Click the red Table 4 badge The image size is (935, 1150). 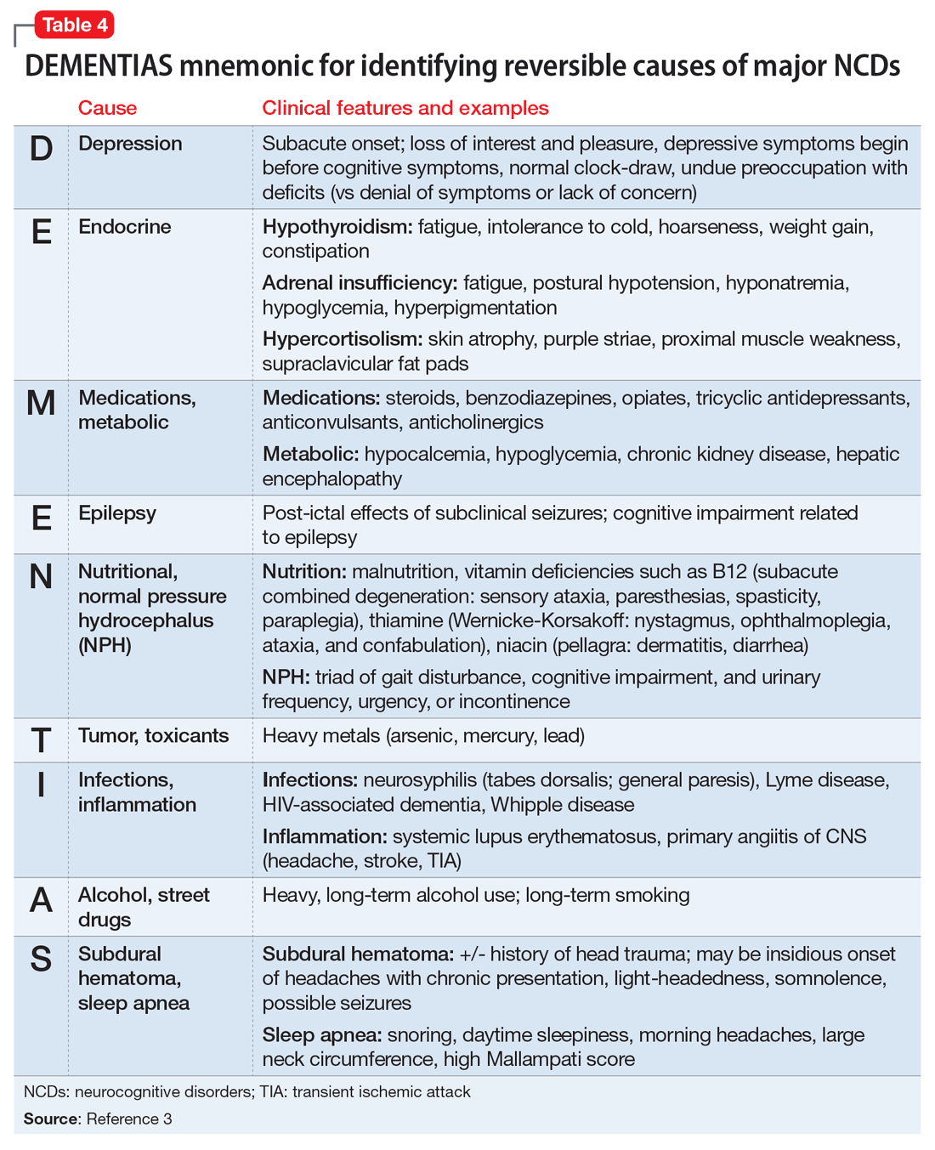74,25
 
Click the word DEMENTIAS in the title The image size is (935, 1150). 99,65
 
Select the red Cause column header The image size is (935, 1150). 107,108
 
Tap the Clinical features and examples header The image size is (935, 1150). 405,108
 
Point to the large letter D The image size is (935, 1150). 41,149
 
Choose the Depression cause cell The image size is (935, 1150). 130,144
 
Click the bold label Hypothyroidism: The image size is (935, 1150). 337,227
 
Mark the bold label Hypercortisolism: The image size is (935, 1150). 342,339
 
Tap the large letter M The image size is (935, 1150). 41,403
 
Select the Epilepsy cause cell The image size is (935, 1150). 117,513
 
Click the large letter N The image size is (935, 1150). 41,577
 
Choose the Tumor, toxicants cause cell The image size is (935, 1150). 153,736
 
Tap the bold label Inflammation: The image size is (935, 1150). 324,836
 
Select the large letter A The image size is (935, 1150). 41,900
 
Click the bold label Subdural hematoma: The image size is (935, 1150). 358,954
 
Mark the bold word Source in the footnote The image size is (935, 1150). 51,1119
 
